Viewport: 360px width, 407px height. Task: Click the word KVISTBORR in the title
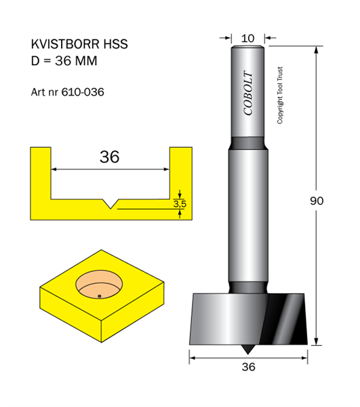coord(65,44)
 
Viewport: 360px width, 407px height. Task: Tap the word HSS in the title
coord(116,44)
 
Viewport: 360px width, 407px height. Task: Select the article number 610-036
coord(83,92)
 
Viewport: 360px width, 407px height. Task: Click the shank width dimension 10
coord(247,39)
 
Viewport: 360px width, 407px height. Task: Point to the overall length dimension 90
coord(317,201)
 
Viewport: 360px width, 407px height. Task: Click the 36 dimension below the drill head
coord(248,367)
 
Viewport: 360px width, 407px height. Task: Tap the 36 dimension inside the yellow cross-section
coord(109,157)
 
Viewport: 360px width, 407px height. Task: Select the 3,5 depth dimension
coord(180,204)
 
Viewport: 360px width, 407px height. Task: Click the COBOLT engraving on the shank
coord(248,93)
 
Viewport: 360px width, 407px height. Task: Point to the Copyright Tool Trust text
coord(280,95)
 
